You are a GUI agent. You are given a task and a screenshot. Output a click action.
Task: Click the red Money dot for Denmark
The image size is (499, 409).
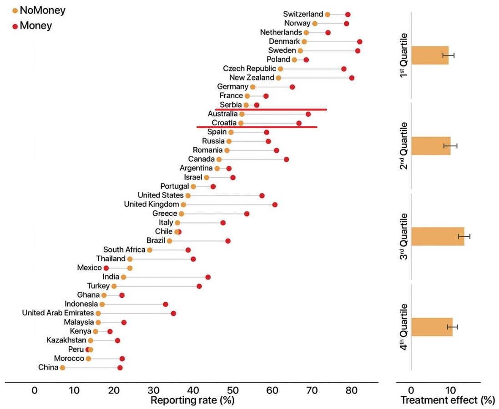pyautogui.click(x=359, y=42)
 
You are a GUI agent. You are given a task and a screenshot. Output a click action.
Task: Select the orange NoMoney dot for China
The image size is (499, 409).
pyautogui.click(x=62, y=368)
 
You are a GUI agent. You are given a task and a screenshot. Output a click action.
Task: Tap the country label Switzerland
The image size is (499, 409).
pyautogui.click(x=303, y=15)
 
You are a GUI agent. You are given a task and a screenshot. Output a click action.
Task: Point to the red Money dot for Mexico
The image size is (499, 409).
pyautogui.click(x=106, y=268)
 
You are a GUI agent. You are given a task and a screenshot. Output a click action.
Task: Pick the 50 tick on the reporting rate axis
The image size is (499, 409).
pyautogui.click(x=232, y=390)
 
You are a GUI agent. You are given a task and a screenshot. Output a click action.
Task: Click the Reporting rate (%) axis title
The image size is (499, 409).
pyautogui.click(x=192, y=400)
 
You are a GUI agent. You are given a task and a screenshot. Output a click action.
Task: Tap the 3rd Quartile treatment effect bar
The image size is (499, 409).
pyautogui.click(x=438, y=236)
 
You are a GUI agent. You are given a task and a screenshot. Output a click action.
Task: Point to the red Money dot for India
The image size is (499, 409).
pyautogui.click(x=208, y=277)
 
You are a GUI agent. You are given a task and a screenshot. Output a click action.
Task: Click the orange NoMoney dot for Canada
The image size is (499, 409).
pyautogui.click(x=219, y=160)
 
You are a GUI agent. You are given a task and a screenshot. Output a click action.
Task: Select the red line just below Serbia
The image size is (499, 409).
pyautogui.click(x=271, y=110)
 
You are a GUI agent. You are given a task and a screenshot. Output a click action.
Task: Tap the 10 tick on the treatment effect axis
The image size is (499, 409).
pyautogui.click(x=450, y=390)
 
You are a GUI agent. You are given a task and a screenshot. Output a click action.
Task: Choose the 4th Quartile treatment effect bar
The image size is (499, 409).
pyautogui.click(x=432, y=327)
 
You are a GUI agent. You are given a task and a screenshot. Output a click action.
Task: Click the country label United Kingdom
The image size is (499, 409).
pyautogui.click(x=151, y=204)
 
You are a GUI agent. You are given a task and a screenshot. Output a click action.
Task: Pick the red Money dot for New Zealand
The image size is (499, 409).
pyautogui.click(x=352, y=78)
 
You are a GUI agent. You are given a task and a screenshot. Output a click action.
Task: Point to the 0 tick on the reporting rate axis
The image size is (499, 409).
pyautogui.click(x=35, y=390)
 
